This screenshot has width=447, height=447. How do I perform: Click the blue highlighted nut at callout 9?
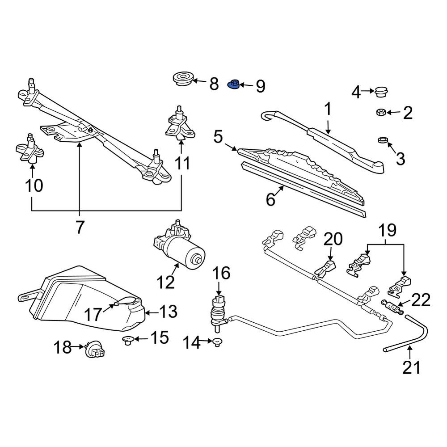coord(233,84)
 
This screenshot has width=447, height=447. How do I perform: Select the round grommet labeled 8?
coord(183,78)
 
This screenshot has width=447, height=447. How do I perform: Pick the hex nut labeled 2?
coord(381,112)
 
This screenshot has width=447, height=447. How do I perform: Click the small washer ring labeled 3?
coord(383,140)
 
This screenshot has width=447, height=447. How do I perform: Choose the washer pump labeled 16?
coord(219,313)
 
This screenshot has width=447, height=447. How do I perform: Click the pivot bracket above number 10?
coord(30,149)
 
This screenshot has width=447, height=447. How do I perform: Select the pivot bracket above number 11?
coord(180,125)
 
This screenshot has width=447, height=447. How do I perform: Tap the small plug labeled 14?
coord(218,342)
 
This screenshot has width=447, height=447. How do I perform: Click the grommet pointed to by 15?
coord(128,340)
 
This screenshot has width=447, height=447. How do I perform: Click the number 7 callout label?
coord(80,227)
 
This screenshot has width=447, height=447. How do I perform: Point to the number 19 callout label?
coord(387,230)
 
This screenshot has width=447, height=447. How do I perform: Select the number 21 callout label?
coord(411,367)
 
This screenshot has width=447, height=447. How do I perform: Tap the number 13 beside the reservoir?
coord(169,311)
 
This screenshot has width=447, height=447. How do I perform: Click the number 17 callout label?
coord(93,315)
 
